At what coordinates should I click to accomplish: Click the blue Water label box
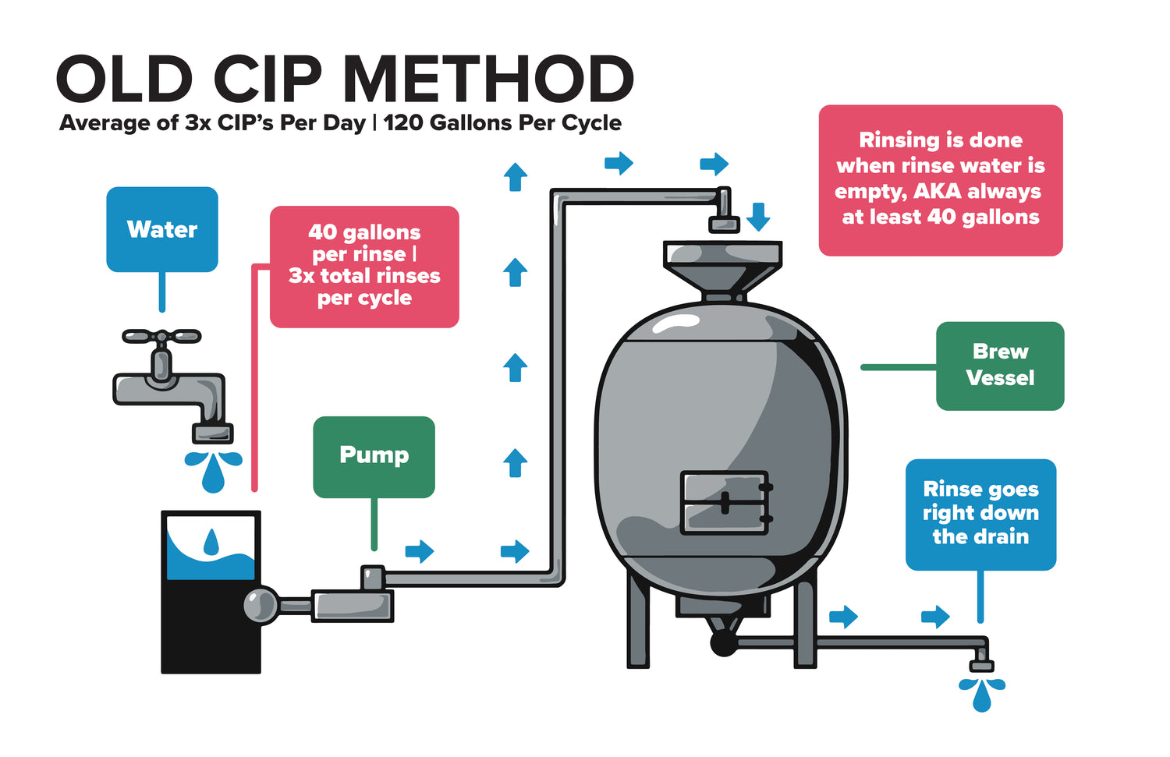[x=162, y=229]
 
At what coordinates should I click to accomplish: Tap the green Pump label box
[x=374, y=456]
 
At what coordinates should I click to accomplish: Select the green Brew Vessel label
[x=1000, y=366]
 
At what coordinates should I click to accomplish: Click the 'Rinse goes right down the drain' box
[x=980, y=514]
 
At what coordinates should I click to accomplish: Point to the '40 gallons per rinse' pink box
[x=364, y=266]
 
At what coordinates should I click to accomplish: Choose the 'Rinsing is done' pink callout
[x=941, y=180]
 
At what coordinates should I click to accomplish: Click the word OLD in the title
[x=125, y=80]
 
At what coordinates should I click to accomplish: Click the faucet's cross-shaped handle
[x=161, y=337]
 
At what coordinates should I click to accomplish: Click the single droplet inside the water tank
[x=211, y=542]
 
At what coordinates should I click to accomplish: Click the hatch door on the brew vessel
[x=725, y=503]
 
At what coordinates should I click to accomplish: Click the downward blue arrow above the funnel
[x=758, y=216]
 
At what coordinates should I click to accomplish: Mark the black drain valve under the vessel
[x=723, y=643]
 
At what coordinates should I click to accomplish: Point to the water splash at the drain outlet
[x=981, y=693]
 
